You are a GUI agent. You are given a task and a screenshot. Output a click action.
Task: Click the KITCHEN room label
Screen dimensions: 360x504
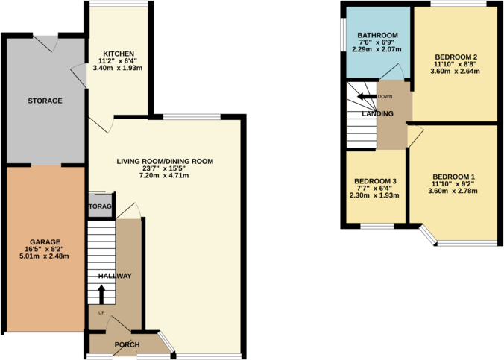click(119, 54)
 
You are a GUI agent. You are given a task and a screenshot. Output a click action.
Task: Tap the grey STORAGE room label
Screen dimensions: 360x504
click(45, 101)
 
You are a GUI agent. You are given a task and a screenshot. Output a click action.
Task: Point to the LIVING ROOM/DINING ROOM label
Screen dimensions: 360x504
click(165, 161)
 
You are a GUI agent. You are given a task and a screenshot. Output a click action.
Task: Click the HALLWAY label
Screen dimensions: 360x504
click(115, 277)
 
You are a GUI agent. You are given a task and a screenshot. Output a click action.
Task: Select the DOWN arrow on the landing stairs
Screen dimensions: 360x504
click(365, 97)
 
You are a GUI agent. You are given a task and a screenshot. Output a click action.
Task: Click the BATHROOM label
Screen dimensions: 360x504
click(378, 36)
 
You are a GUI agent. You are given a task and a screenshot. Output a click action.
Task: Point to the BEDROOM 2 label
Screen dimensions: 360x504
click(455, 57)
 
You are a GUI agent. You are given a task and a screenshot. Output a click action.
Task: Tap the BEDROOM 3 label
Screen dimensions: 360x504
click(375, 182)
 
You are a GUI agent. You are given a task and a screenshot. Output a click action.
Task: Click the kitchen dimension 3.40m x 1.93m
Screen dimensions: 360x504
click(119, 68)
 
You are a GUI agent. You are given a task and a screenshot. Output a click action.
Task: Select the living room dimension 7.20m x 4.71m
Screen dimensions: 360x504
click(165, 176)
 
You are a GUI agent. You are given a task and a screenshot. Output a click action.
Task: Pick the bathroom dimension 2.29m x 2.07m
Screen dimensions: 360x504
click(378, 50)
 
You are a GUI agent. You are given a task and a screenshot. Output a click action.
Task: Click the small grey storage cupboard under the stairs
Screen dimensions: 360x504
click(100, 206)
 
